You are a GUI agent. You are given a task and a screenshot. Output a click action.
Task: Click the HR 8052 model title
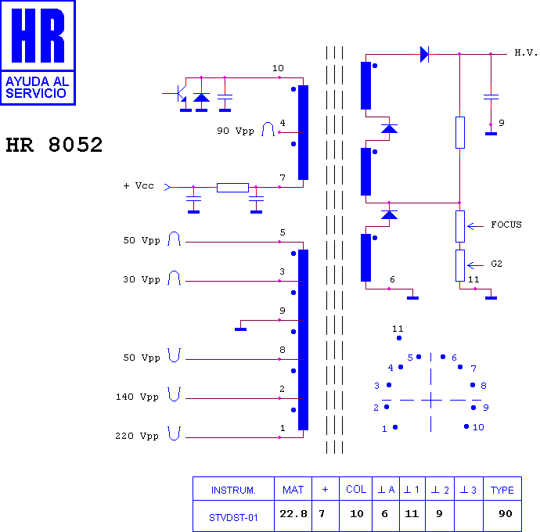(x=54, y=145)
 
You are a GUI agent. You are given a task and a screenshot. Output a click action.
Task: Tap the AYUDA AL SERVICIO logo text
(x=38, y=88)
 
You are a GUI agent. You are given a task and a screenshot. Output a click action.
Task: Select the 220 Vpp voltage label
(x=137, y=437)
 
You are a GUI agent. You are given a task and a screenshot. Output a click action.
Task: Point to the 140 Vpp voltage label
(x=137, y=397)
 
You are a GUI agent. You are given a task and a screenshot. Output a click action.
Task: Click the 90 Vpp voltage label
(x=236, y=131)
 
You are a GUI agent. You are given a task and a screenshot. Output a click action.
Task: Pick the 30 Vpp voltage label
(x=142, y=279)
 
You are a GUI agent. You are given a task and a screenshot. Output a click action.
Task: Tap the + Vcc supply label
(x=139, y=186)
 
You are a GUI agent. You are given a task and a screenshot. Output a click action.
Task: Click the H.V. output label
(x=526, y=52)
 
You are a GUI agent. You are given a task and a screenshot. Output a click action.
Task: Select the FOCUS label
(x=506, y=225)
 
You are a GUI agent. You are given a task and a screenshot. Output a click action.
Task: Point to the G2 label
(x=496, y=264)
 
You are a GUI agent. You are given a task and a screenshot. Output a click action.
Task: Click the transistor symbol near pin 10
(x=180, y=94)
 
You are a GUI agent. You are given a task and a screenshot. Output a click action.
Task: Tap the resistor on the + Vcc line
(x=232, y=188)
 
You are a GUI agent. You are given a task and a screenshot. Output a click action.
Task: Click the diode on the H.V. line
(x=424, y=55)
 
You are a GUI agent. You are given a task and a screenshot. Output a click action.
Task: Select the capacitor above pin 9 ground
(x=491, y=97)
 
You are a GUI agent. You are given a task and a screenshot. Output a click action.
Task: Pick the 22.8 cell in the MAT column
(x=293, y=514)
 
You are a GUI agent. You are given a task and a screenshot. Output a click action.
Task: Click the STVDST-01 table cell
(x=233, y=518)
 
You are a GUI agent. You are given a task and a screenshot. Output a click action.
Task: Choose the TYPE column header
(x=502, y=490)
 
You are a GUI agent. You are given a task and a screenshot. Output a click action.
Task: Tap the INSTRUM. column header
(x=233, y=490)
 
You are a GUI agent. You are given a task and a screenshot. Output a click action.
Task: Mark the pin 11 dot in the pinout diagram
(x=399, y=338)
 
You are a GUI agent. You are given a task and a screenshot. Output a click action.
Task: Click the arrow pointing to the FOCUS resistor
(x=475, y=226)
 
